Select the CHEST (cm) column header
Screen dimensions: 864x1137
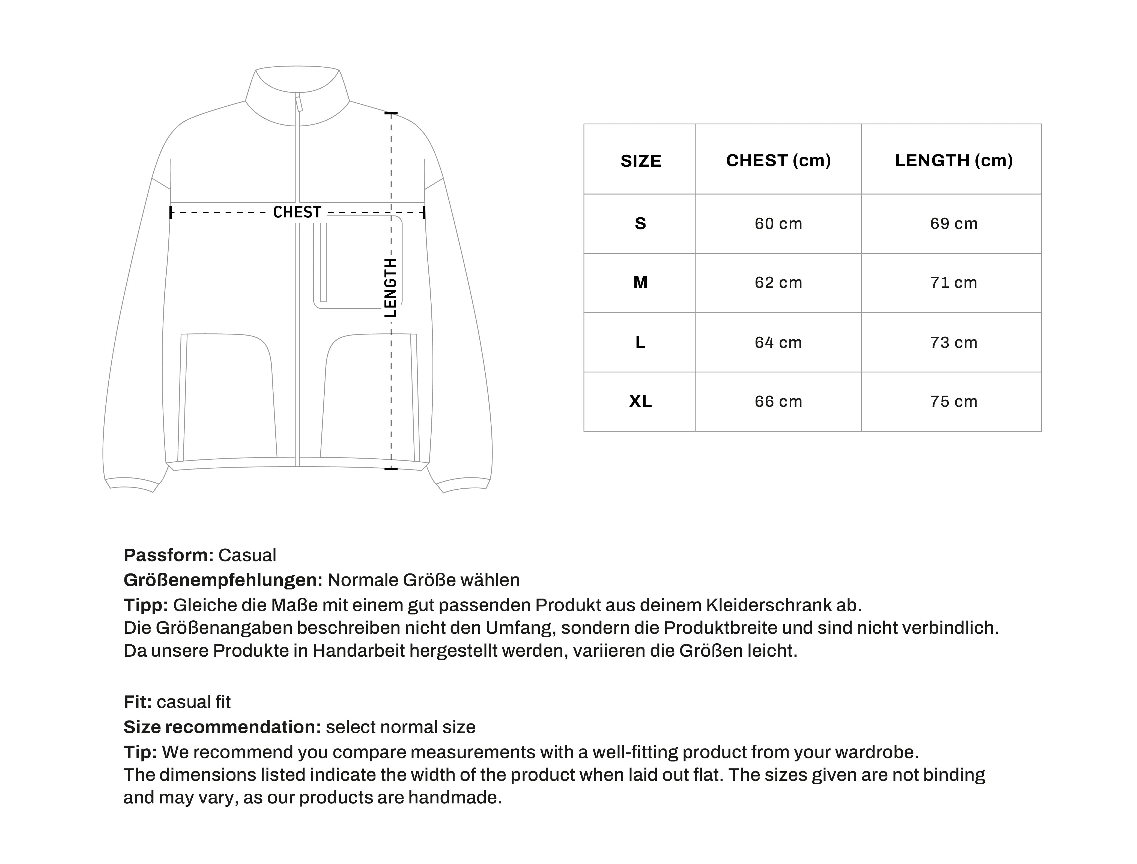[x=778, y=160]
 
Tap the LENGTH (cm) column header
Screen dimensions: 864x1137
[x=953, y=160]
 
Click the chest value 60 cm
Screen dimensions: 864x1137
[x=778, y=224]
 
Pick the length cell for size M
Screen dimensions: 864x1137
[x=953, y=282]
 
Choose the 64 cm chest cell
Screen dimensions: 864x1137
[x=778, y=342]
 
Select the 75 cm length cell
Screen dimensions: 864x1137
[x=953, y=402]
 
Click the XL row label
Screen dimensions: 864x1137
[x=640, y=402]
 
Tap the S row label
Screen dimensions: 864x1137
[x=640, y=224]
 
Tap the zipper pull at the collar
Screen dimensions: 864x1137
[x=299, y=103]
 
